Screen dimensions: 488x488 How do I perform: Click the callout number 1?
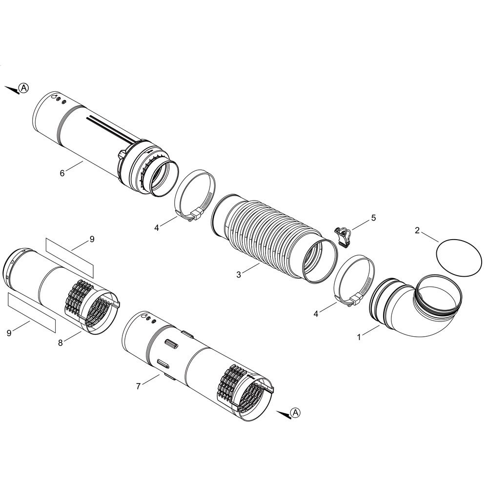[359, 337]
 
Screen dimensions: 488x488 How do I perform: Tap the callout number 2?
[417, 230]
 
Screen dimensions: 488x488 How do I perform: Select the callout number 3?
[239, 275]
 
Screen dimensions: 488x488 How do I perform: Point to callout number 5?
[373, 218]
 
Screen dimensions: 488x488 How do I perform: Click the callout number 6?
[62, 173]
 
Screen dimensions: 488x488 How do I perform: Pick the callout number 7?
[138, 386]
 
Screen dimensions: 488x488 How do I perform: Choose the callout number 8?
[61, 343]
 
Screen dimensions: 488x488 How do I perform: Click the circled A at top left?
[23, 88]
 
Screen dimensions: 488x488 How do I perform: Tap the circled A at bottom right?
[295, 412]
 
